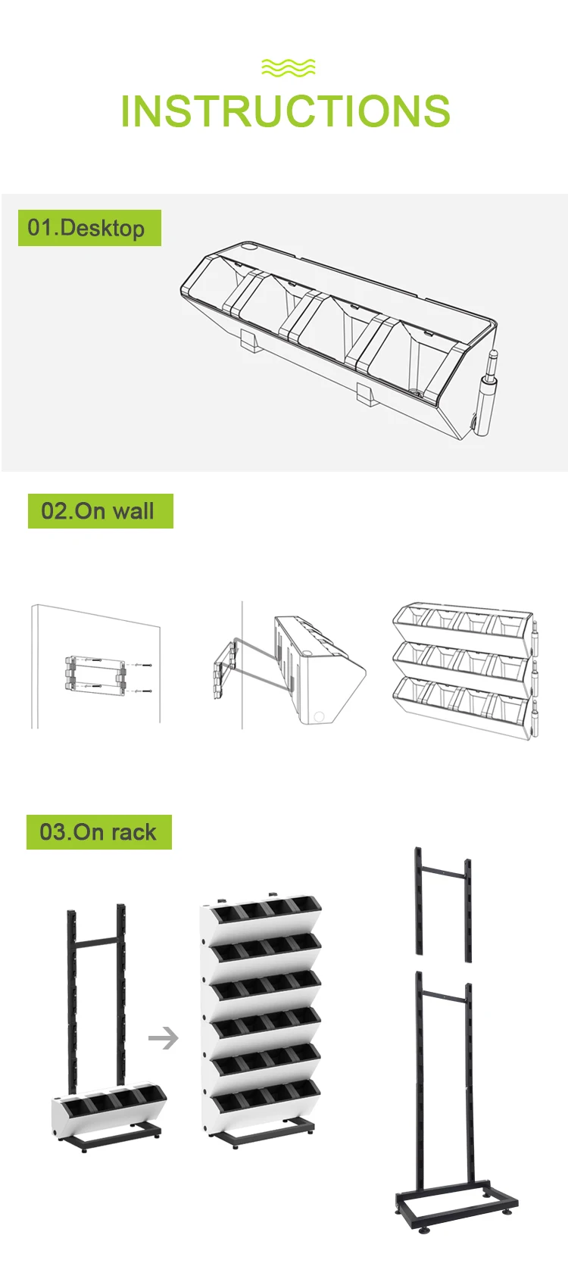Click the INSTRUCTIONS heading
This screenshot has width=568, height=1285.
pos(285,111)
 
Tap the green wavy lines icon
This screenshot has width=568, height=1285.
pos(288,68)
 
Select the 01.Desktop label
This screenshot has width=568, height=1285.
pos(89,228)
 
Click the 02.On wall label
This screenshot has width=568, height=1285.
pos(100,511)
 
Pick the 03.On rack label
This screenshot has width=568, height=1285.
pos(98,832)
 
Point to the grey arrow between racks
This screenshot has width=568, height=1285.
pos(163,1037)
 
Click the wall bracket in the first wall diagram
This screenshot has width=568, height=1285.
pos(95,675)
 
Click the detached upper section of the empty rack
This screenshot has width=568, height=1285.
pos(443,901)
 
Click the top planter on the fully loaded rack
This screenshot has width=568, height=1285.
pos(261,916)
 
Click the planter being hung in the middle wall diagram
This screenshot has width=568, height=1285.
pos(318,670)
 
